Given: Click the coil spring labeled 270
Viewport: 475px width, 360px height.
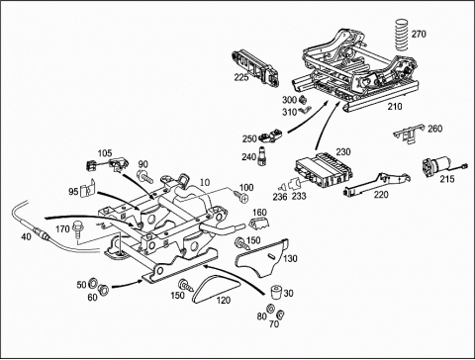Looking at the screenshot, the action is (402, 35).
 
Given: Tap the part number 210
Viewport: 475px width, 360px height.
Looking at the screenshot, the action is (395, 107).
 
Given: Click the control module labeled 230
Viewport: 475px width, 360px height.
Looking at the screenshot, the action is (324, 168).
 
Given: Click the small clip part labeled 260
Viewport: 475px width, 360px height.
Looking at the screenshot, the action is (409, 134).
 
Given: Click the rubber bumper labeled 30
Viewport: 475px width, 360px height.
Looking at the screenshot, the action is (276, 293).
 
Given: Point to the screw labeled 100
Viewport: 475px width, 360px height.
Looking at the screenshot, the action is (241, 198).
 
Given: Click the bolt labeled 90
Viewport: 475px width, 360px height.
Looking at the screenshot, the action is (145, 176).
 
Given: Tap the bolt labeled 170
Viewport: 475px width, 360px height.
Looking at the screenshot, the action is (77, 228).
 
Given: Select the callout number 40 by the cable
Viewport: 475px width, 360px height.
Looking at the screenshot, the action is (26, 236).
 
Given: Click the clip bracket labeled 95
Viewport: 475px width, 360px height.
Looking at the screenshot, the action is (88, 190).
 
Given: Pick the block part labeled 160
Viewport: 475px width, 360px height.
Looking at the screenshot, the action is (259, 224).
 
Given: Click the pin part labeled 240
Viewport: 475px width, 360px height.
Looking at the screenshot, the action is (262, 154).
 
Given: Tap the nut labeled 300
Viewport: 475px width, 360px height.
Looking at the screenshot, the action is (303, 99).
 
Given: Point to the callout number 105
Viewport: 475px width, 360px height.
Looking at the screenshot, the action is (105, 153).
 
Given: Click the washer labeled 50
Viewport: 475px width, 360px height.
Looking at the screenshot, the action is (93, 283).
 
